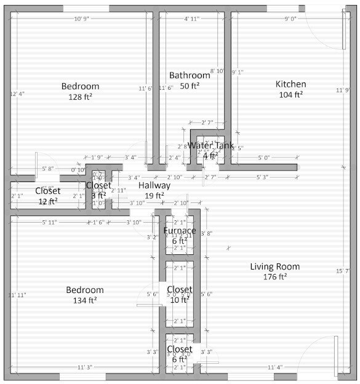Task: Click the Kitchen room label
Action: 290,84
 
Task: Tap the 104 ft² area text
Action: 290,95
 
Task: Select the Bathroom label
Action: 190,75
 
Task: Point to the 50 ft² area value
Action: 190,86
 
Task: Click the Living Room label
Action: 274,266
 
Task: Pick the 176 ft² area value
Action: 274,277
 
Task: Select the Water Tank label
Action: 210,146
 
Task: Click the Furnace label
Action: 180,231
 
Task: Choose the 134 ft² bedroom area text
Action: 85,300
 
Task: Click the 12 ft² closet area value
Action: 47,201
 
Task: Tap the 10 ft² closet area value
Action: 179,300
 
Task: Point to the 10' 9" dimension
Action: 82,19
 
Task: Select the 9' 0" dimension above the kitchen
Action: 290,19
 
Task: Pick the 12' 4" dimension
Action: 18,94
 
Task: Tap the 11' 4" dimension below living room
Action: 275,367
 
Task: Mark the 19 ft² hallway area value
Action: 154,196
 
